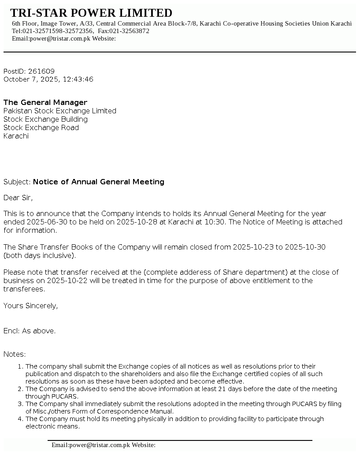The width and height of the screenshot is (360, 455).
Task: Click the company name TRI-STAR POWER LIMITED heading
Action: [91, 13]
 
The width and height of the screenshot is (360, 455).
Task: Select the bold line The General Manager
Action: [45, 103]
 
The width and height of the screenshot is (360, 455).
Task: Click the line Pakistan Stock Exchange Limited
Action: [60, 111]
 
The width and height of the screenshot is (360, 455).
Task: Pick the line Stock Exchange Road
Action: [41, 128]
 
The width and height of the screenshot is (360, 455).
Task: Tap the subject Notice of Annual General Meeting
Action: [99, 182]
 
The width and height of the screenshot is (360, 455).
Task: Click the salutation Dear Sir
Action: [18, 198]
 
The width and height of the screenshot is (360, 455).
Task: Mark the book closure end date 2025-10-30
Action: [305, 247]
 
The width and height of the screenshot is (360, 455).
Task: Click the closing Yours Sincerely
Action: [31, 306]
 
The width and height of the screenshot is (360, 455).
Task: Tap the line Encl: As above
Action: [30, 331]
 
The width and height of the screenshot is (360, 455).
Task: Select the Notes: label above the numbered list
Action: [15, 354]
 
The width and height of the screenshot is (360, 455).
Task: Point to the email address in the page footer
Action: [91, 445]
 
